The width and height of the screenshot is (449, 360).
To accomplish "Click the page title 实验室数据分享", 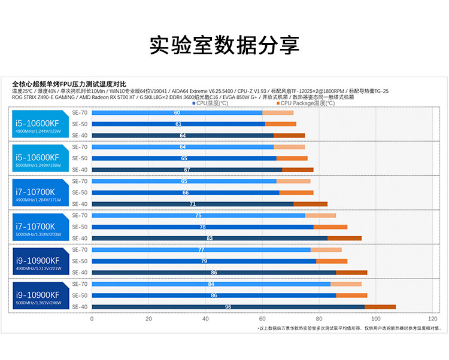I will (x=224, y=45).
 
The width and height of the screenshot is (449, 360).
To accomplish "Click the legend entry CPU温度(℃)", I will (x=211, y=103).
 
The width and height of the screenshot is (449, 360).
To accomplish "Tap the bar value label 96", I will (x=228, y=307).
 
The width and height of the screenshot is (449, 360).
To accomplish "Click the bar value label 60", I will (x=177, y=112).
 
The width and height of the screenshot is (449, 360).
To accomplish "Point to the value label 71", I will (x=192, y=204).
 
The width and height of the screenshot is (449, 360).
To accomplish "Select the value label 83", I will (x=210, y=238).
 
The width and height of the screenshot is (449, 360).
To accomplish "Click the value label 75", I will (x=198, y=215).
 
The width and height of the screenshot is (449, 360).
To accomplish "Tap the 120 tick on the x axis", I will (x=433, y=319).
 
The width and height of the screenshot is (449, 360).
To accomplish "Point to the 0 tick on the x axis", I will (x=92, y=319).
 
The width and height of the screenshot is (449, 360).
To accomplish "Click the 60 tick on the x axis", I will (x=262, y=319).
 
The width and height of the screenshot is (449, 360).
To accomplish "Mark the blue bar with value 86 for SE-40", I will (x=214, y=273).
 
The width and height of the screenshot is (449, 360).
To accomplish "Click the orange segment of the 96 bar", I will (x=380, y=307).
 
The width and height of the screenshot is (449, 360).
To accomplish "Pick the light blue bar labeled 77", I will (x=201, y=249).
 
